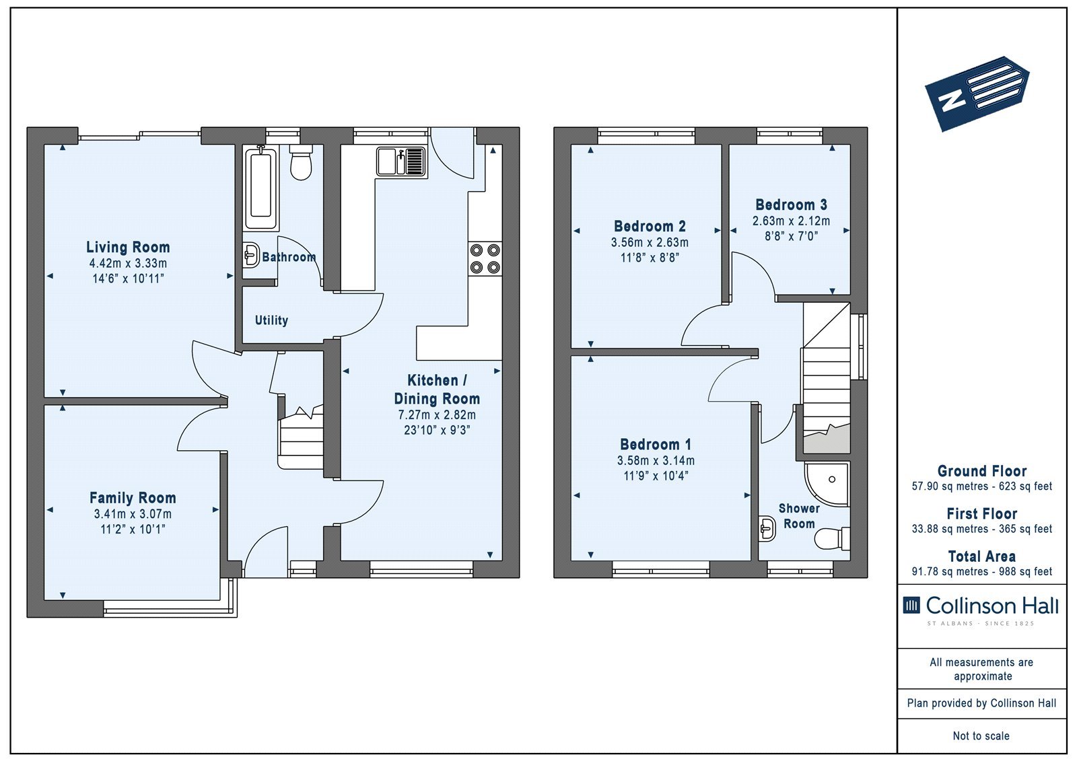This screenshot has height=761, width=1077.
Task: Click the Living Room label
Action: (128, 247)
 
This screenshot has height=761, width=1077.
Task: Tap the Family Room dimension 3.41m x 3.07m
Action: (133, 514)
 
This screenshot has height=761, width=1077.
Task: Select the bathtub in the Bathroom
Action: (261, 188)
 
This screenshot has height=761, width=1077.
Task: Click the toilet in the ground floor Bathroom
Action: (301, 162)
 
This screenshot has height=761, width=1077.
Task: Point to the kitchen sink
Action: (401, 161)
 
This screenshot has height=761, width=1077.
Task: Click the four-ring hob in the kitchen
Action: (485, 258)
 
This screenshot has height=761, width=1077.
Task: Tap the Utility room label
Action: (271, 320)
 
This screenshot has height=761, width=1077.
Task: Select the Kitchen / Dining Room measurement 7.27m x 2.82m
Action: (437, 415)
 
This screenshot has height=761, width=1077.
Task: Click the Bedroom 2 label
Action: (650, 226)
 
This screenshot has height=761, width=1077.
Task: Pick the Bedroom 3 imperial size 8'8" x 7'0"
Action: (792, 237)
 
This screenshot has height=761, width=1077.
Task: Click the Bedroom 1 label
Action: (656, 444)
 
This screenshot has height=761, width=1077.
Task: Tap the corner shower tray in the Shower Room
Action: (827, 484)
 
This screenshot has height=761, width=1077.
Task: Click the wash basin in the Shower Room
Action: (767, 529)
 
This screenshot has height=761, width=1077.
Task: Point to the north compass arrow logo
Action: (977, 94)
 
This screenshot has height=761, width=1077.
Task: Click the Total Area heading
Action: (982, 556)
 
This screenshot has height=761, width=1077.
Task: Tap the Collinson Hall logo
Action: (981, 609)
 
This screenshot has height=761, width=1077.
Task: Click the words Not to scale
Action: (981, 736)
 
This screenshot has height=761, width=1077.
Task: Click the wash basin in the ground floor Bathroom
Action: (250, 254)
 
